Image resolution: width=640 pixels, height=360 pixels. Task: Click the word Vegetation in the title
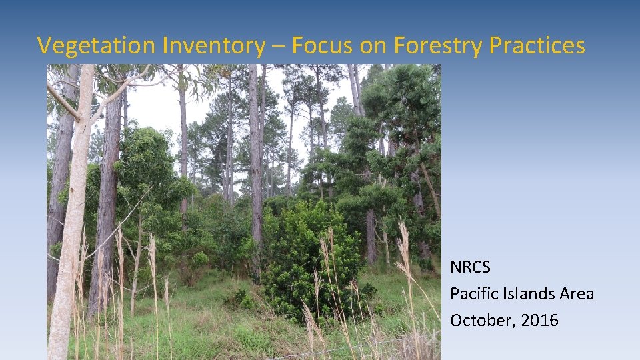(97, 45)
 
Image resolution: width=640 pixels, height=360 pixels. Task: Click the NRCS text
(470, 268)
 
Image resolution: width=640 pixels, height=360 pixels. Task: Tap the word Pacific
(474, 294)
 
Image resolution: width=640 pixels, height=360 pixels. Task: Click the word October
(478, 321)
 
